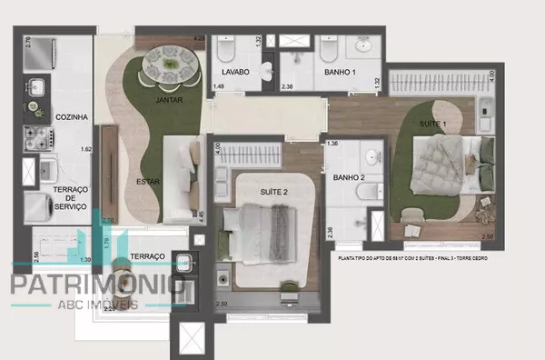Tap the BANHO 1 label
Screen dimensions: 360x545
[x=340, y=72]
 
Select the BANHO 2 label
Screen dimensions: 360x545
[x=348, y=178]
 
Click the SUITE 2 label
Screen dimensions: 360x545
[x=274, y=193]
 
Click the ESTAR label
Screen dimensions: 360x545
[x=148, y=181]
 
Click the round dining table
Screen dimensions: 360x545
[x=172, y=64]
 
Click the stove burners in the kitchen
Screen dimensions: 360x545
[x=40, y=139]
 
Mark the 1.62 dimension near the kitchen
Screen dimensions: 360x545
[x=86, y=148]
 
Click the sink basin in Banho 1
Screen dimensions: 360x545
[x=363, y=46]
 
